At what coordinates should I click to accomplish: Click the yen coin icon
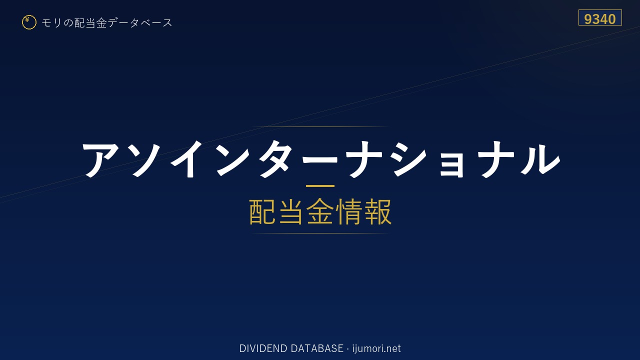coord(29,22)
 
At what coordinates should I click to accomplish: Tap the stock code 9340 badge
coord(600,17)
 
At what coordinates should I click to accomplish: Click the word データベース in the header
coord(140,23)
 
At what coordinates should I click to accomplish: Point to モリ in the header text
coord(51,23)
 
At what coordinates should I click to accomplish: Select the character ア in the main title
coord(100,159)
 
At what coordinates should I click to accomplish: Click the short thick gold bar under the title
coord(320,186)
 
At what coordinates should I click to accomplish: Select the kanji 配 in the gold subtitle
coord(262,211)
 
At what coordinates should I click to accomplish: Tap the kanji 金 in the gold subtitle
coord(320,211)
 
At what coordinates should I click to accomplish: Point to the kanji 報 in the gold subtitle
coord(378,211)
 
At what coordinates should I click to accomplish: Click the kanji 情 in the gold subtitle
coord(349,211)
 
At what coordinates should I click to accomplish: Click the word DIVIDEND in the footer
coord(263,348)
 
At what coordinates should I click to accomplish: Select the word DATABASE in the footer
coord(317,348)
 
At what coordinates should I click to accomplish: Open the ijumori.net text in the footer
coord(376,348)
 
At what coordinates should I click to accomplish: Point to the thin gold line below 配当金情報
coord(320,233)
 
